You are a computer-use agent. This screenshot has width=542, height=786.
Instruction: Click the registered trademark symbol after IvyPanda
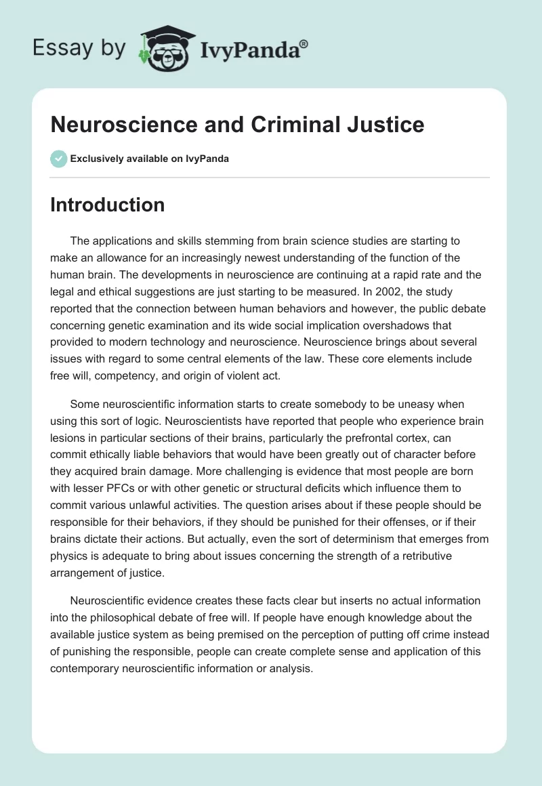[x=304, y=43]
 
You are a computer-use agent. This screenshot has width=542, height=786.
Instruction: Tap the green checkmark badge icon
[x=58, y=159]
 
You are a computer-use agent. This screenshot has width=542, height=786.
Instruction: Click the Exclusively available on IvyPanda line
[x=150, y=159]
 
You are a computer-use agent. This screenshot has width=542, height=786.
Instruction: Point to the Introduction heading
[x=107, y=205]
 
